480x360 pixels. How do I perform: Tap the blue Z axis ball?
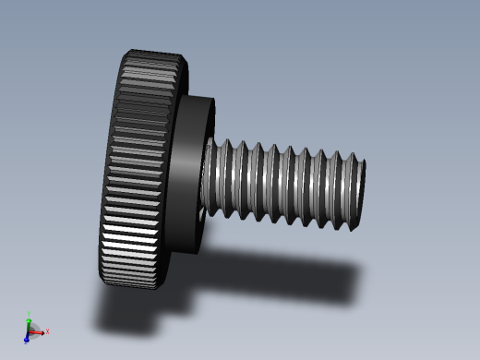(x=27, y=339)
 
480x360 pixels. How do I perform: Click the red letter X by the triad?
(x=47, y=330)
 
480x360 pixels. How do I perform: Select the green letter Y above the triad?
(x=30, y=314)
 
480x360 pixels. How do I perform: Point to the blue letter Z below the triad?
(x=25, y=343)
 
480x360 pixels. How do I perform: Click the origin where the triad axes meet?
(x=30, y=330)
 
